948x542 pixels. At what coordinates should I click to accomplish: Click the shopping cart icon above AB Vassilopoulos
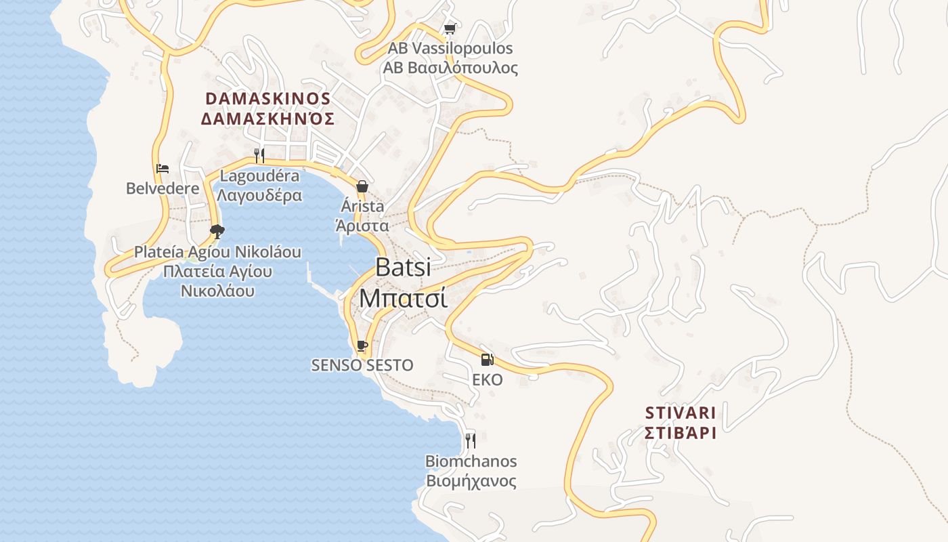click(x=450, y=28)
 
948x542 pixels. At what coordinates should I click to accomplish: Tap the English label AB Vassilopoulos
click(x=450, y=49)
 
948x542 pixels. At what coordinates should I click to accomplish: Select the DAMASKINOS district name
click(x=267, y=99)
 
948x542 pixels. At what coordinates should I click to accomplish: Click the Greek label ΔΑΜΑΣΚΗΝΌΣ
click(x=267, y=119)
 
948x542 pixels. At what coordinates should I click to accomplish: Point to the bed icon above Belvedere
click(x=163, y=169)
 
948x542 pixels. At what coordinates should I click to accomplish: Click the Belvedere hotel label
click(x=163, y=188)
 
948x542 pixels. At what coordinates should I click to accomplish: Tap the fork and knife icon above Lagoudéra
click(x=259, y=156)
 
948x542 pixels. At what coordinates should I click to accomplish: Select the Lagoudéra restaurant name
click(x=259, y=176)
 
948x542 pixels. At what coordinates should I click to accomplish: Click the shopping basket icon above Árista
click(x=362, y=186)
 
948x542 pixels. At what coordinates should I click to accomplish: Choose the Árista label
click(x=362, y=206)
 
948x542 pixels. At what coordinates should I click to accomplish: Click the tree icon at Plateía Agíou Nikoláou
click(x=217, y=232)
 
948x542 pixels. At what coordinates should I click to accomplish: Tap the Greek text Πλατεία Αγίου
click(x=217, y=272)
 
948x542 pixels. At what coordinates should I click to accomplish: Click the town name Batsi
click(x=403, y=267)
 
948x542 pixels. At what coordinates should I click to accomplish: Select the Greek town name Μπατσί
click(x=403, y=297)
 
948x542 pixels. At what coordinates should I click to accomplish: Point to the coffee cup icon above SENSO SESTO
click(x=362, y=346)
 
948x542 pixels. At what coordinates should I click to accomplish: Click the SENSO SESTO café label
click(x=362, y=365)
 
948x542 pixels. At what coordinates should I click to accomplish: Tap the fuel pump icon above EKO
click(x=488, y=360)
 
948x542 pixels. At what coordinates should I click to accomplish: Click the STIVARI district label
click(x=681, y=413)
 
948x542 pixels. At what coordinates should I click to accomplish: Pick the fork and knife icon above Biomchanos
click(x=471, y=441)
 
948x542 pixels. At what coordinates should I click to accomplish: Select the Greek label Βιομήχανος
click(x=471, y=482)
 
